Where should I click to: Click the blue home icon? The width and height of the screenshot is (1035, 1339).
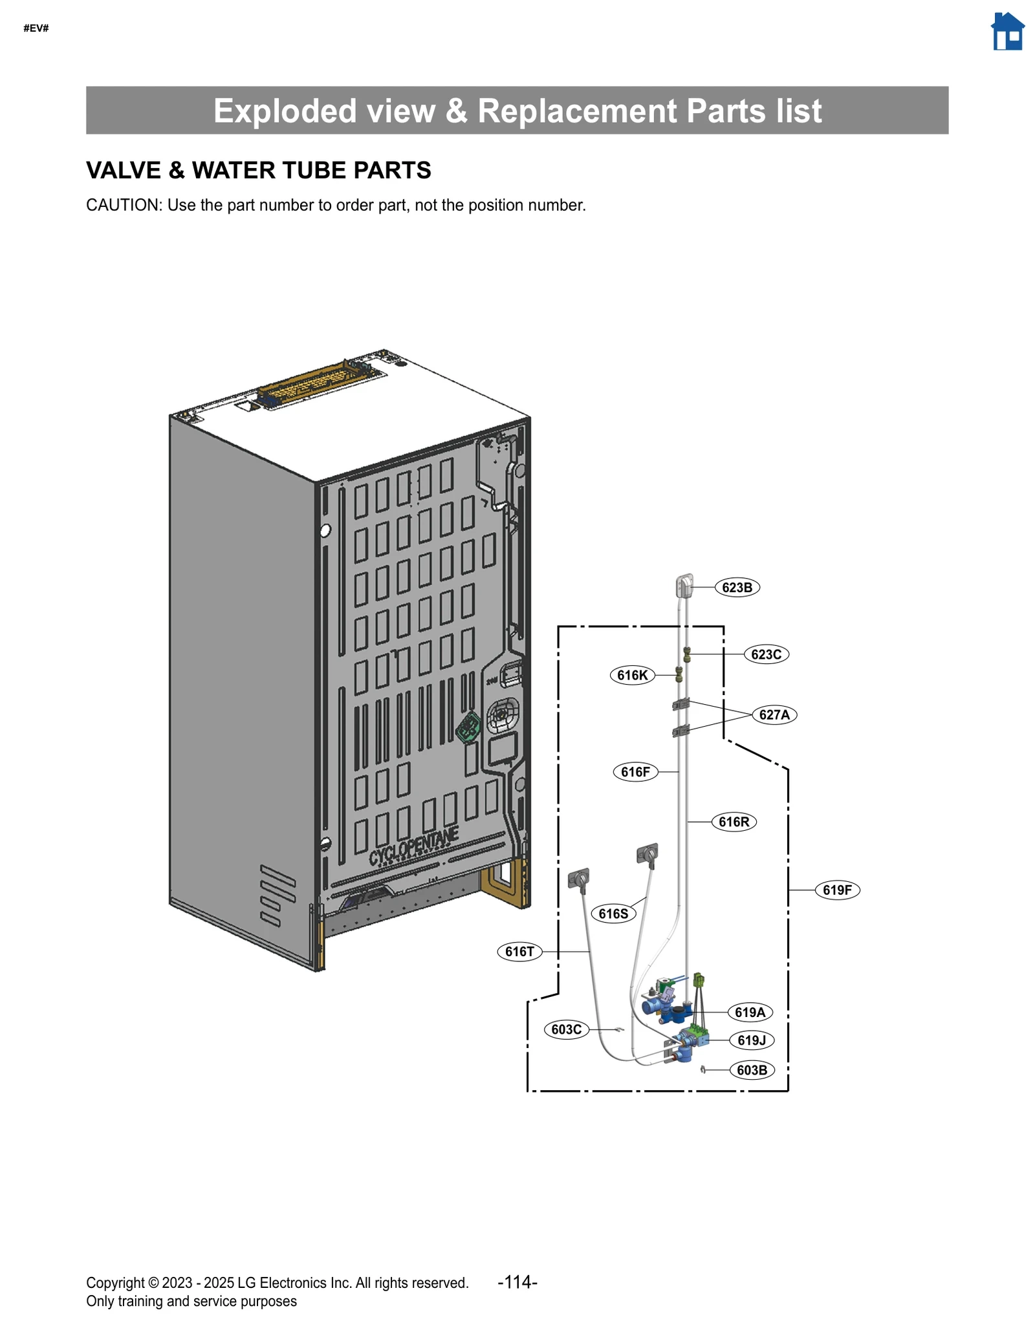(x=1007, y=32)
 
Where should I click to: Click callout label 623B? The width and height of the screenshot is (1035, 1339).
(x=737, y=588)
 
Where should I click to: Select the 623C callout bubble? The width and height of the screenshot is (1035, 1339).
(x=766, y=654)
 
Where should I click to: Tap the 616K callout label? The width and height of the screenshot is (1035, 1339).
(x=632, y=676)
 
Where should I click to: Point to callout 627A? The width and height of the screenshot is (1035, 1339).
(x=774, y=715)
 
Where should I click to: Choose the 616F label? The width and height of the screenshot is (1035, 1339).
(x=635, y=772)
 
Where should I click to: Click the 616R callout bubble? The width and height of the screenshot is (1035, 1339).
(x=734, y=822)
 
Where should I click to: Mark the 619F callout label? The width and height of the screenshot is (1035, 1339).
(x=837, y=890)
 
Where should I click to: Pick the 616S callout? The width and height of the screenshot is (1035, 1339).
(x=613, y=914)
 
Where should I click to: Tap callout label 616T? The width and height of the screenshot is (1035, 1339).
(x=519, y=952)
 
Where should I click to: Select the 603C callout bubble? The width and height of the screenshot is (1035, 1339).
(x=566, y=1029)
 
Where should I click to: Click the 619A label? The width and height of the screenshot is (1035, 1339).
(x=750, y=1012)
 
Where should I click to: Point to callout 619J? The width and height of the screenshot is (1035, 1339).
(x=751, y=1040)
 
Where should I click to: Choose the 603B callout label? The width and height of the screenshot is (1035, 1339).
(x=752, y=1070)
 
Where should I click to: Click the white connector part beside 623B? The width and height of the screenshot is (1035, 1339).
(x=684, y=586)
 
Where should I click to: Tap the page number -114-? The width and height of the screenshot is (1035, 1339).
(x=517, y=1282)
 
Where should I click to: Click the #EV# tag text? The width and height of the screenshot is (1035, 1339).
(x=36, y=28)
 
